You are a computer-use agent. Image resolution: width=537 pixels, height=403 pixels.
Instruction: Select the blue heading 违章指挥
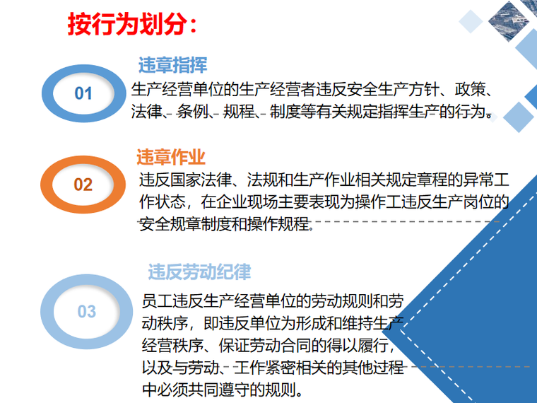tap(172, 65)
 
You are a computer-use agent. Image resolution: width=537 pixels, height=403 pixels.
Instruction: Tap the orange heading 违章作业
tap(171, 157)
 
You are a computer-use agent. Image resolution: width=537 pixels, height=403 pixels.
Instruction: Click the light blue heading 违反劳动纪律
tap(199, 272)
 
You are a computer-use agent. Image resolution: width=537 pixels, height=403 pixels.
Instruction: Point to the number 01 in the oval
tap(83, 93)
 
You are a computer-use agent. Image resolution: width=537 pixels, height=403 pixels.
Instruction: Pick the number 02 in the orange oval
tap(83, 185)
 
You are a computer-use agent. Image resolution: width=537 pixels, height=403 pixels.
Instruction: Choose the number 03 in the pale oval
tap(87, 312)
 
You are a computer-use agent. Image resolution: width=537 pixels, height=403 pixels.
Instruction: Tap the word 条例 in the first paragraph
tap(193, 112)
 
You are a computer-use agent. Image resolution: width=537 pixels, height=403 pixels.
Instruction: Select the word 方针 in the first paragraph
tap(424, 90)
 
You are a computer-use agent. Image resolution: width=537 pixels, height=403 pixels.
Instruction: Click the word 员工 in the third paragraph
tap(157, 301)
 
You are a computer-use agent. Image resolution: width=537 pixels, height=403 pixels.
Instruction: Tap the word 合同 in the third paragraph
tap(296, 346)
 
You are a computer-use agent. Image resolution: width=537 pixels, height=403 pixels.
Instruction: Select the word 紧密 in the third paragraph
tap(281, 368)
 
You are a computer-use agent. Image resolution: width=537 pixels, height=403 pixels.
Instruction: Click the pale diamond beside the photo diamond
tap(471, 21)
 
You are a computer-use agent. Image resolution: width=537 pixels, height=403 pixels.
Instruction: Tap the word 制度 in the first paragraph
tap(285, 112)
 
